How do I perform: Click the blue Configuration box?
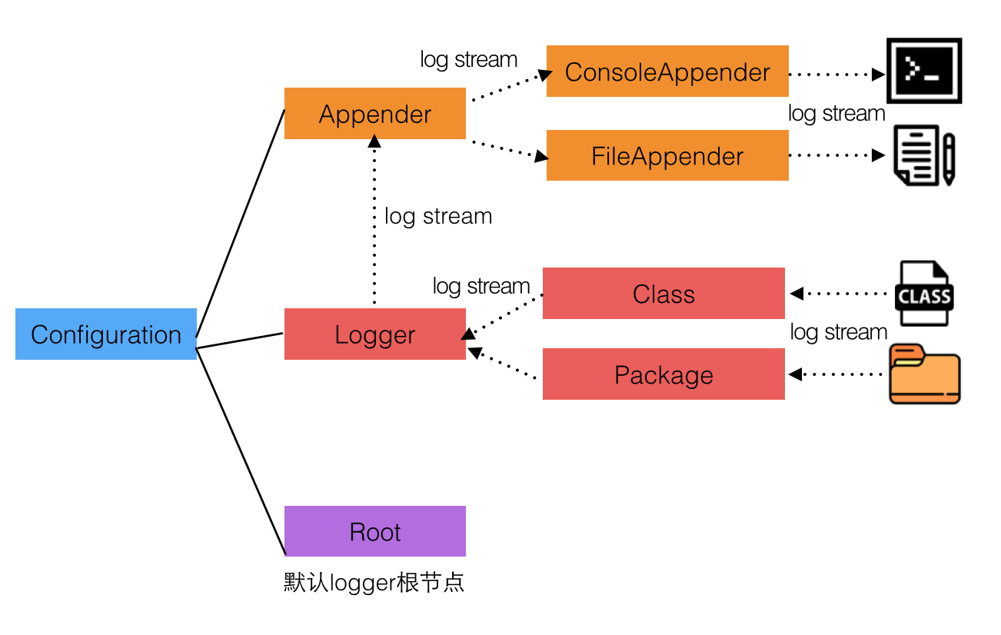tap(106, 334)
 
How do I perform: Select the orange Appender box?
tap(375, 114)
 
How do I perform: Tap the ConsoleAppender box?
tap(667, 71)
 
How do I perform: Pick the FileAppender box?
tap(667, 156)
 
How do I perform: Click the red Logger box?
tap(375, 334)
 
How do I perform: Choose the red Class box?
tap(663, 294)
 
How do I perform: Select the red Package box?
tap(663, 374)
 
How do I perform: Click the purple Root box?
tap(375, 531)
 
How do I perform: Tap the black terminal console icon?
tap(924, 71)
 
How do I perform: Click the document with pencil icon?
tap(924, 155)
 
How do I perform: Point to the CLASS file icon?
tap(923, 294)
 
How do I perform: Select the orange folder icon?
tap(924, 374)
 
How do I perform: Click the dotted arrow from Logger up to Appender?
tap(374, 223)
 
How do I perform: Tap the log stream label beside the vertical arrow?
tap(438, 216)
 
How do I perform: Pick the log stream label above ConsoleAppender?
tap(469, 59)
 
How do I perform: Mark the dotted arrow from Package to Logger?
tap(504, 364)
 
